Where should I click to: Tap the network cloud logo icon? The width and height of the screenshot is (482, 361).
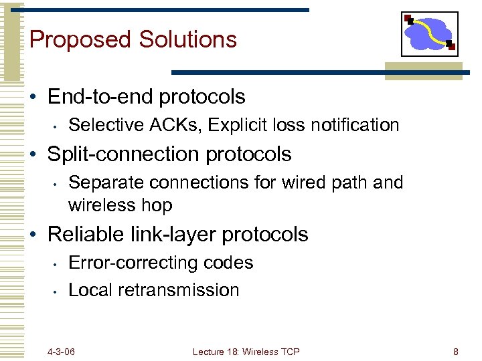(429, 34)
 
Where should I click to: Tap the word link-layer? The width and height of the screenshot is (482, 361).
(171, 235)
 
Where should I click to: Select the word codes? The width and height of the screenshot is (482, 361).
(232, 263)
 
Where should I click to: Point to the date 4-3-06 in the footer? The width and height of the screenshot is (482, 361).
(61, 352)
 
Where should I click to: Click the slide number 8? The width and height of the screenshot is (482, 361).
(455, 352)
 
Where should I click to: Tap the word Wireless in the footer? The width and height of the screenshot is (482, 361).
(262, 352)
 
